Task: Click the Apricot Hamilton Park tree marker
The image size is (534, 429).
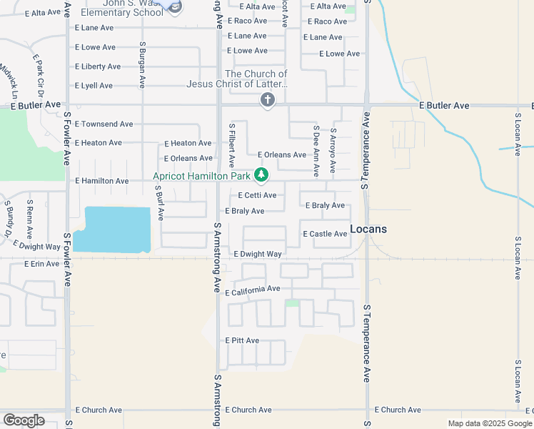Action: pos(261,174)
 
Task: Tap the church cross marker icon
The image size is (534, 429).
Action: pos(267,101)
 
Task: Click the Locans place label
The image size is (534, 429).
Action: pos(368,230)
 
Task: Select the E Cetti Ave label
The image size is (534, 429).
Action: pos(257,195)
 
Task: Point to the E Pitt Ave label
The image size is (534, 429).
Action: pos(242,340)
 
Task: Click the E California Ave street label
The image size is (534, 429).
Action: pos(253,290)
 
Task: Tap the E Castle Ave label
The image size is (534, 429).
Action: pos(325,234)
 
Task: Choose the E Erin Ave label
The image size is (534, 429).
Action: pos(41,264)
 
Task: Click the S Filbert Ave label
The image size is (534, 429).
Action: pos(231,146)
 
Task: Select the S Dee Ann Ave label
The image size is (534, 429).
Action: pos(316,152)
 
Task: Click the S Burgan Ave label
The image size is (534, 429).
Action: pos(142,65)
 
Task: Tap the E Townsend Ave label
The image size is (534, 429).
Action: pos(104,124)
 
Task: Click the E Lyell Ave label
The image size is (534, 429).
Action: pos(94,86)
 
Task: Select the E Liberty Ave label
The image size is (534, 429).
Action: pos(98,66)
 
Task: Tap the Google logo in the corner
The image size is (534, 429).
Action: pos(24,420)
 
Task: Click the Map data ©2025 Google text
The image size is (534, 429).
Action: pos(489,423)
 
